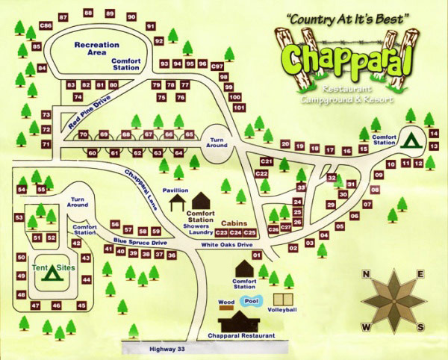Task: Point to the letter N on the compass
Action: pyautogui.click(x=366, y=274)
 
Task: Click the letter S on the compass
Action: pyautogui.click(x=421, y=327)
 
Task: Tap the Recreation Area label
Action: pyautogui.click(x=96, y=49)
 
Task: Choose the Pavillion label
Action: pyautogui.click(x=176, y=190)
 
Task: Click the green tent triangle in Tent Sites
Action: pyautogui.click(x=52, y=273)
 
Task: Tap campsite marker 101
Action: pyautogui.click(x=239, y=108)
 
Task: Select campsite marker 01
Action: pyautogui.click(x=257, y=255)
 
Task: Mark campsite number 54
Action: pyautogui.click(x=22, y=190)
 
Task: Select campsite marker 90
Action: pyautogui.click(x=131, y=16)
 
